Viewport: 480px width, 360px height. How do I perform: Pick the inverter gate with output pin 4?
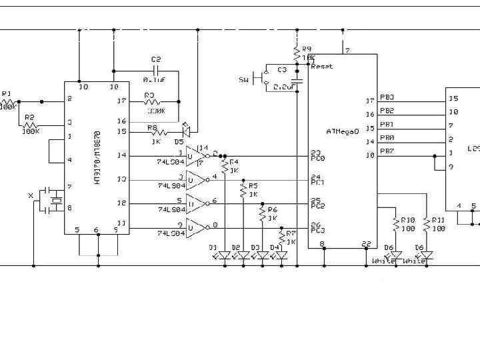coord(196,180)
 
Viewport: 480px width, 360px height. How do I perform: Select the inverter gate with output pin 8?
coord(196,229)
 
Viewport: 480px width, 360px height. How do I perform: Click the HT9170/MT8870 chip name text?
coord(97,158)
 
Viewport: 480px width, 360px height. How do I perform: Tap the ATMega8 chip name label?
coord(343,131)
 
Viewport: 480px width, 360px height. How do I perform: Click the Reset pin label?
coord(321,67)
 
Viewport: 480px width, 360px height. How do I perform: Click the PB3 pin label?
coord(387,97)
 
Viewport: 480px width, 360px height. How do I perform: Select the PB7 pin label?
coord(387,151)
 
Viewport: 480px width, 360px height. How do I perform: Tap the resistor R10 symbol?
coord(396,223)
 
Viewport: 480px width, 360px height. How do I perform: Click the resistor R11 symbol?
coord(427,223)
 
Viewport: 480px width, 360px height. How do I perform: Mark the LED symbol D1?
coord(225,255)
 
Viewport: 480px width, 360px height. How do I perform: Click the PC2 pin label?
coord(317,206)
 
